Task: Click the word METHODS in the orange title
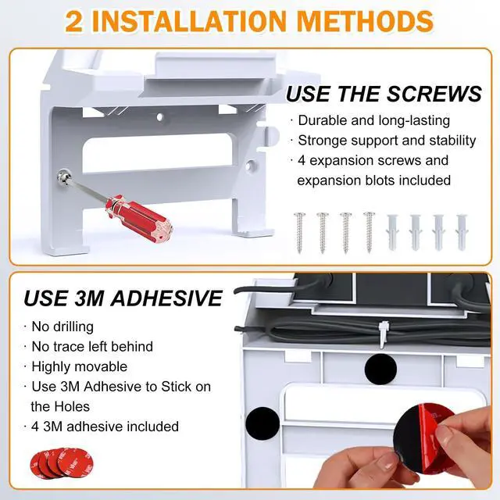pos(365,21)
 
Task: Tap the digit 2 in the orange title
pos(74,22)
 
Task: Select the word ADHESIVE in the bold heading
pos(166,298)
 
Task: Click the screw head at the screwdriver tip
pos(64,176)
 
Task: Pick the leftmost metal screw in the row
pos(299,233)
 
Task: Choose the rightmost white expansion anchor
pos(462,233)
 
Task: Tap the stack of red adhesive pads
pos(62,463)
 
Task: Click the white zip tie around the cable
pos(384,334)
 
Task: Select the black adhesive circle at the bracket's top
pos(380,369)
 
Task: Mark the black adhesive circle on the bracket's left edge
pos(262,423)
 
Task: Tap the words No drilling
pos(62,327)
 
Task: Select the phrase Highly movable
pos(80,366)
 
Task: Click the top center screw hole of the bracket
pos(160,117)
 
